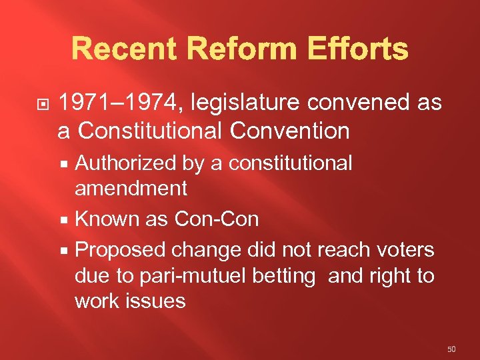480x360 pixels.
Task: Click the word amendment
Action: click(131, 189)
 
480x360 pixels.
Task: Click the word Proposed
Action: click(121, 250)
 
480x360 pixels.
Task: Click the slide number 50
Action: click(451, 348)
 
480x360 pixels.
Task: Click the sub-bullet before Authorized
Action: click(65, 164)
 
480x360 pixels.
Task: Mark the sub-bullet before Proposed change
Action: click(65, 251)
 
